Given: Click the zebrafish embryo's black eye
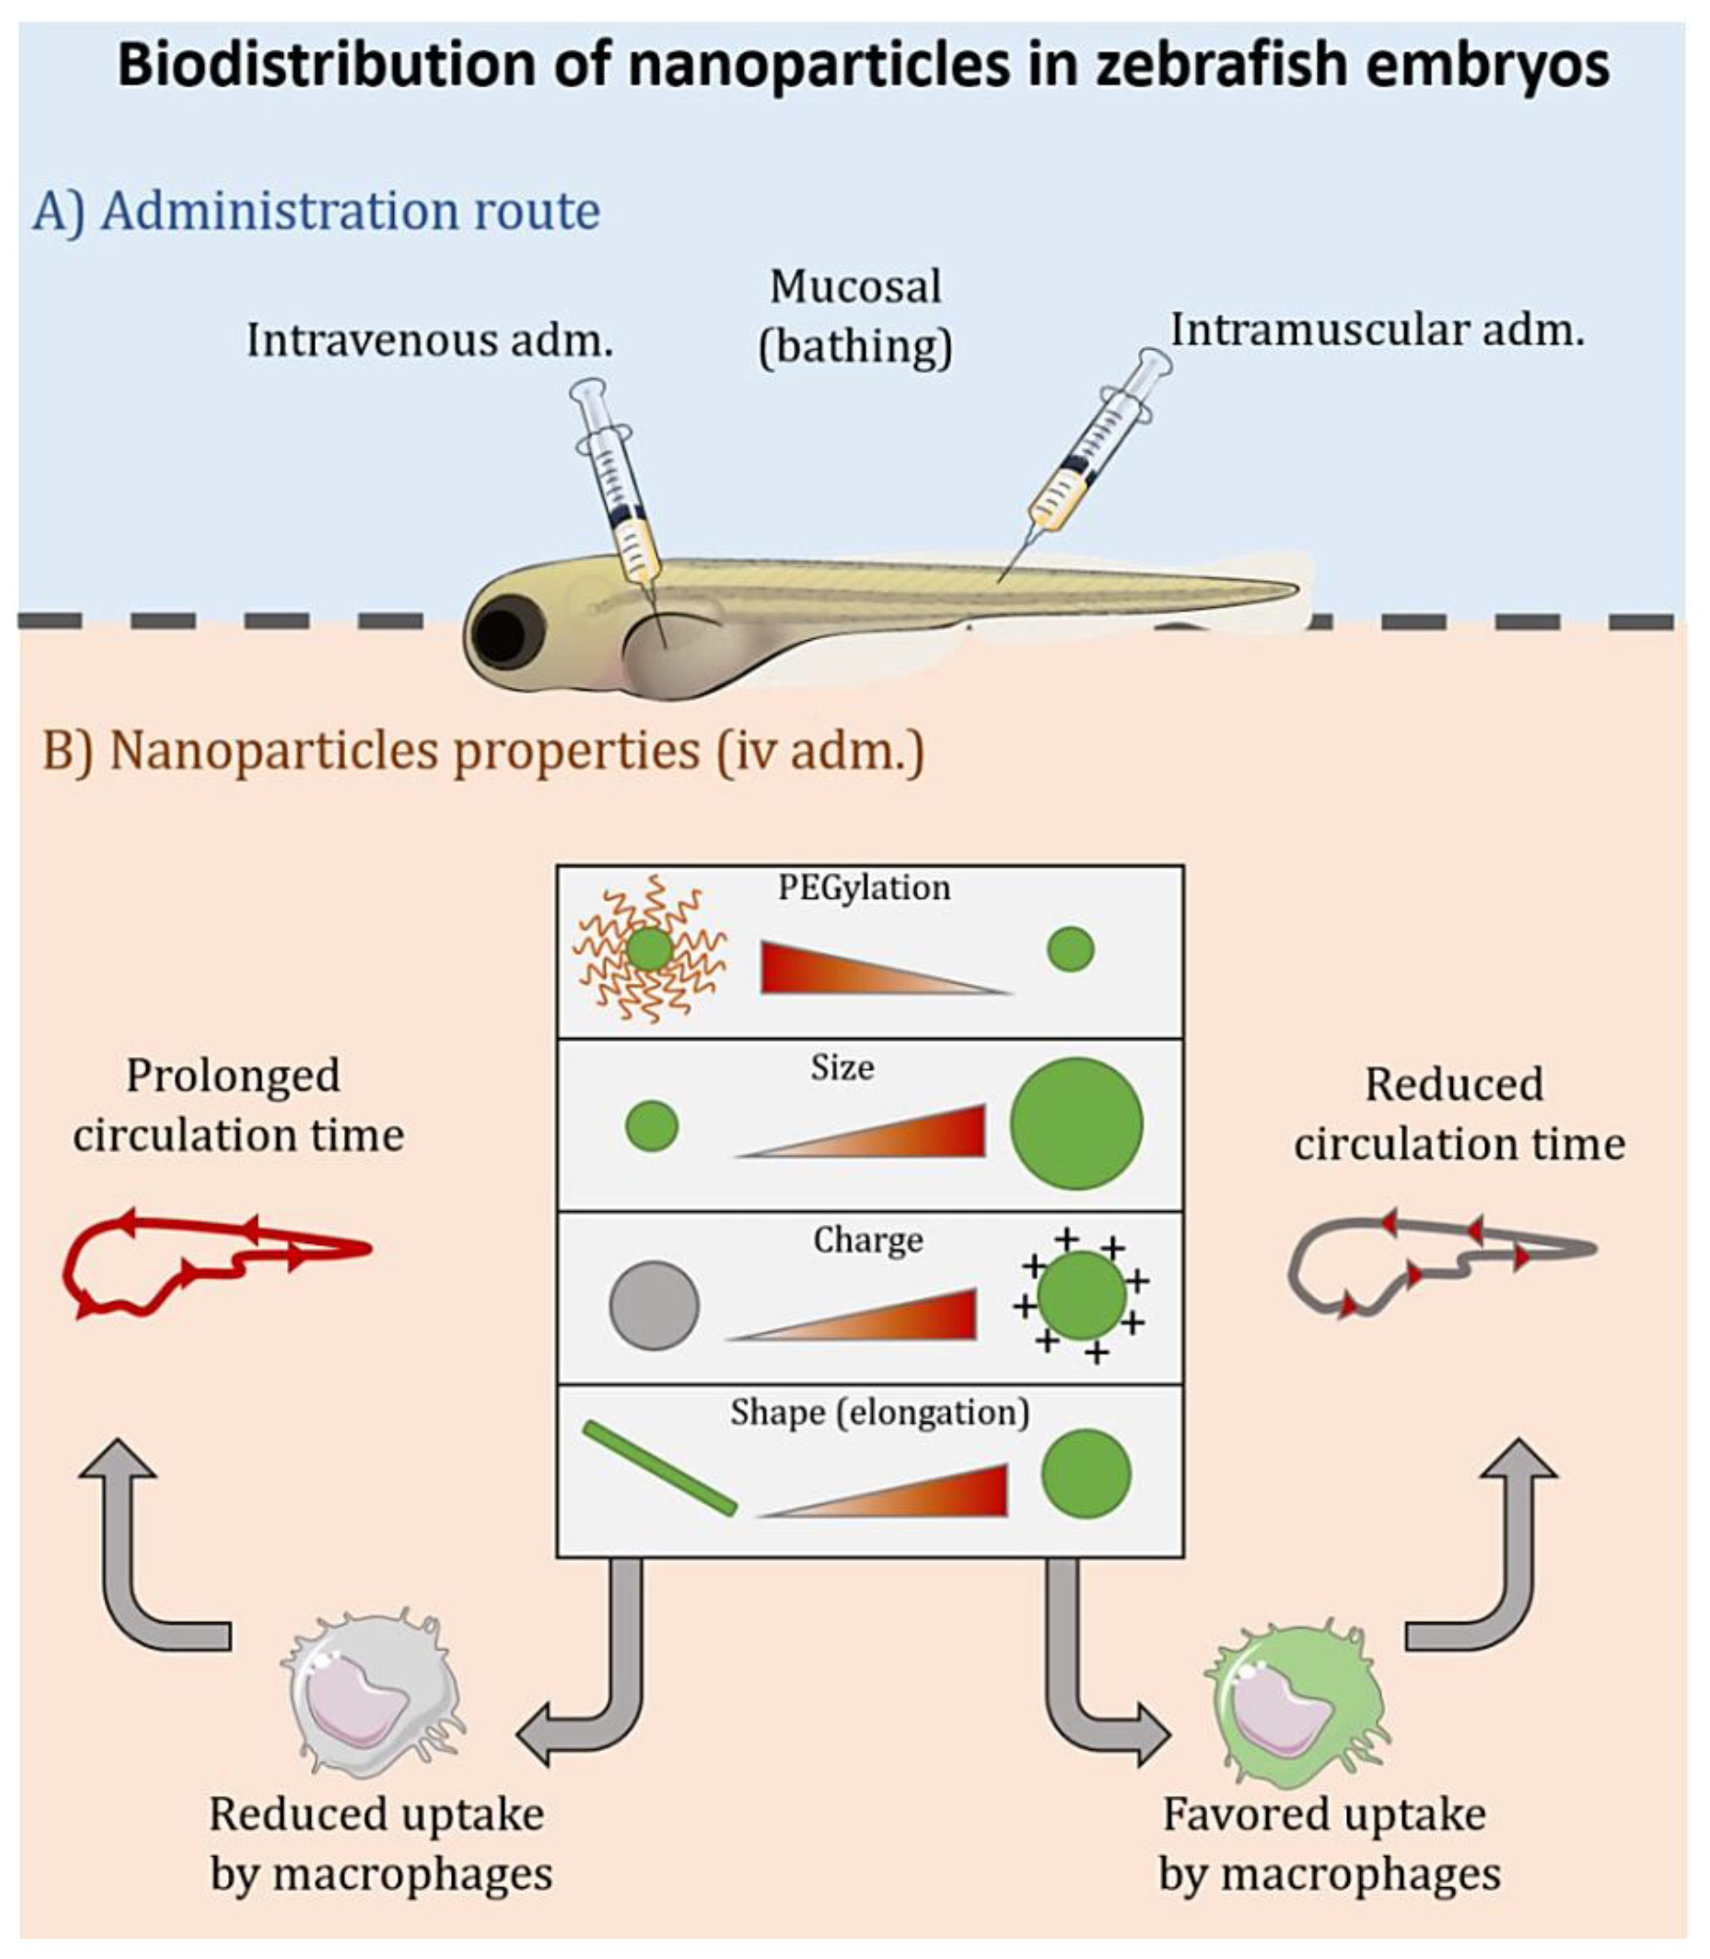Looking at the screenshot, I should [x=501, y=635].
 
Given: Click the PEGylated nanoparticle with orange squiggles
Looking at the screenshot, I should [x=650, y=949].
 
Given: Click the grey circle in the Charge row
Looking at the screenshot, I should [x=654, y=1305].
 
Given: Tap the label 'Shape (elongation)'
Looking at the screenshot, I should [x=879, y=1412].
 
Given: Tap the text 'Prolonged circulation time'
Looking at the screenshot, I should [x=238, y=1106].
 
